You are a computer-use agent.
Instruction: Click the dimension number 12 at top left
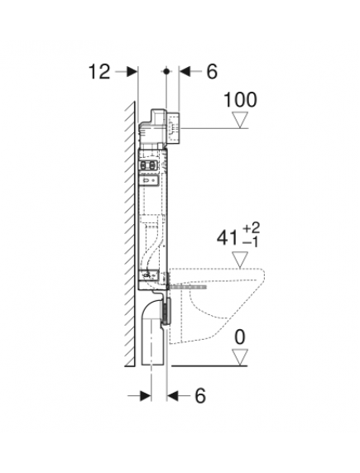coord(98,72)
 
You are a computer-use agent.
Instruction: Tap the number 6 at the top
coord(211,72)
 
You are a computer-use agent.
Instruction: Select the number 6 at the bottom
coord(200,396)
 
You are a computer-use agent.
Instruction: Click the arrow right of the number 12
coord(128,72)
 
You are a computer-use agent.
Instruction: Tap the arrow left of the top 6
coord(186,72)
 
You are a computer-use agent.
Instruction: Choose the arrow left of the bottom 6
coord(176,396)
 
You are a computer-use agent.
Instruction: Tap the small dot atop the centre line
coord(168,72)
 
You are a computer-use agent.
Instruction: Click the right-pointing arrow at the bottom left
coord(142,396)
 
